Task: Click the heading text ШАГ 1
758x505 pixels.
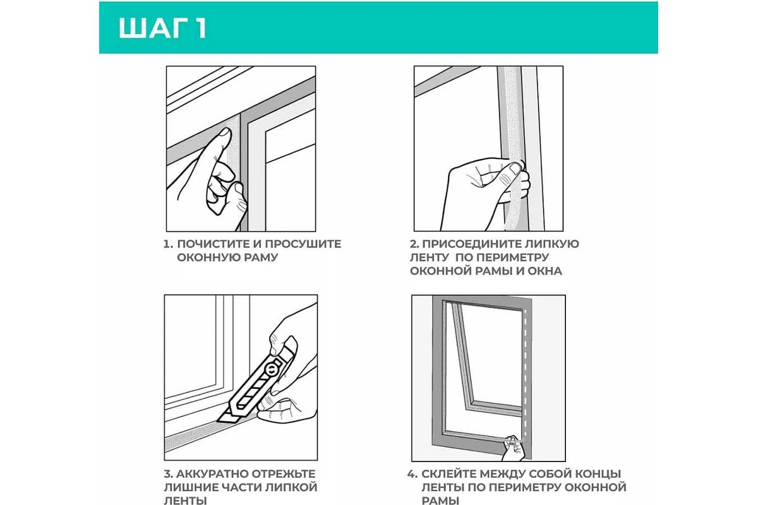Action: pyautogui.click(x=163, y=28)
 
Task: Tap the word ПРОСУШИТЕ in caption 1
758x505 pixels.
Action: pyautogui.click(x=303, y=244)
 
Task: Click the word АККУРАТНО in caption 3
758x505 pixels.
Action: pyautogui.click(x=212, y=474)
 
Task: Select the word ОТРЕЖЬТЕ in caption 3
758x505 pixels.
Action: pyautogui.click(x=284, y=474)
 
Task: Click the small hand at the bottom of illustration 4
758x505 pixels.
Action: pyautogui.click(x=514, y=448)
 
